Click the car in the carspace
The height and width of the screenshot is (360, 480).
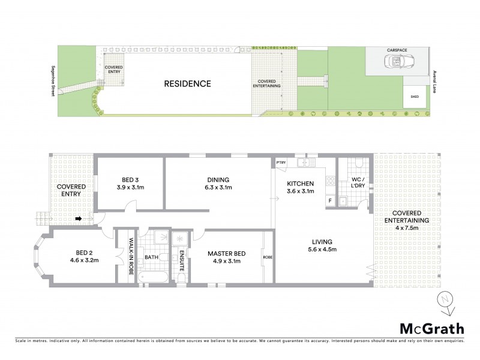[x=398, y=61]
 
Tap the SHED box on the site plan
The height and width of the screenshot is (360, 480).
[x=415, y=95]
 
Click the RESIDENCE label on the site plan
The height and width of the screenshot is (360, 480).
[x=187, y=84]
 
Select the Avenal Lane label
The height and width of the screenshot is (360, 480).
[x=434, y=82]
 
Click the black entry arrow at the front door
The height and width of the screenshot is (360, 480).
[x=79, y=218]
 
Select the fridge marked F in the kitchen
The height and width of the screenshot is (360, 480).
[x=329, y=200]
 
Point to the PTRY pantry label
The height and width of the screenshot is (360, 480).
[x=281, y=163]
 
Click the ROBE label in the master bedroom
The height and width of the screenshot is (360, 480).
[x=268, y=258]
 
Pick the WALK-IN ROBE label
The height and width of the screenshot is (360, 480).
[x=131, y=257]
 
